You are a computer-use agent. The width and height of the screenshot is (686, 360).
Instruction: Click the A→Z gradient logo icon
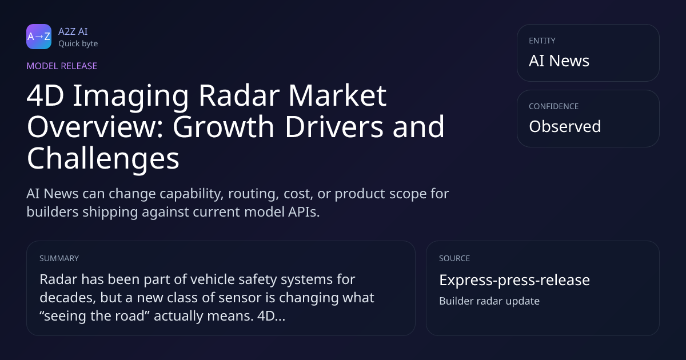click(39, 37)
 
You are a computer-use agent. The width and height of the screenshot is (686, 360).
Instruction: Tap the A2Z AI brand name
click(73, 31)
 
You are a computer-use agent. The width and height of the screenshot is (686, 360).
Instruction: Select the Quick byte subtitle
click(78, 44)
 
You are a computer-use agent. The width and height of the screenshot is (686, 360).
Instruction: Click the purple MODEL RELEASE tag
click(62, 66)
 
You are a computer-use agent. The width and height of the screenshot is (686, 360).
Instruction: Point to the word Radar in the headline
click(239, 95)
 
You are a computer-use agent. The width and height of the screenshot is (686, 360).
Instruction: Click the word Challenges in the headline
click(103, 158)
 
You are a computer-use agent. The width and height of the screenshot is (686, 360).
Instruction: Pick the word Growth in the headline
click(224, 126)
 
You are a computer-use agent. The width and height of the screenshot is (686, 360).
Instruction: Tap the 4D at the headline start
click(45, 95)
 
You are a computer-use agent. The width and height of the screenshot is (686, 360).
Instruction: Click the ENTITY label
click(542, 41)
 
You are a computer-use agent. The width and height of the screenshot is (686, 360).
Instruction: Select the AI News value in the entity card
click(559, 61)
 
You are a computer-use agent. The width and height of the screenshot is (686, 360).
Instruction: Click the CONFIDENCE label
click(554, 106)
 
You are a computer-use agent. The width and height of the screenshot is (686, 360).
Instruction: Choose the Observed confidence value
click(565, 126)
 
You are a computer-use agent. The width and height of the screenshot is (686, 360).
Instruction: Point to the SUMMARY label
click(59, 258)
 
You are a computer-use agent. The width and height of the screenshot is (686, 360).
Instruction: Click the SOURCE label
click(454, 258)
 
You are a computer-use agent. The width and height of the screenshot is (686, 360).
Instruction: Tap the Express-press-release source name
click(514, 280)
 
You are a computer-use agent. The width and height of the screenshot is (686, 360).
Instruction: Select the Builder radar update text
click(489, 301)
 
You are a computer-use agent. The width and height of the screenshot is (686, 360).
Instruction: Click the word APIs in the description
click(304, 212)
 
